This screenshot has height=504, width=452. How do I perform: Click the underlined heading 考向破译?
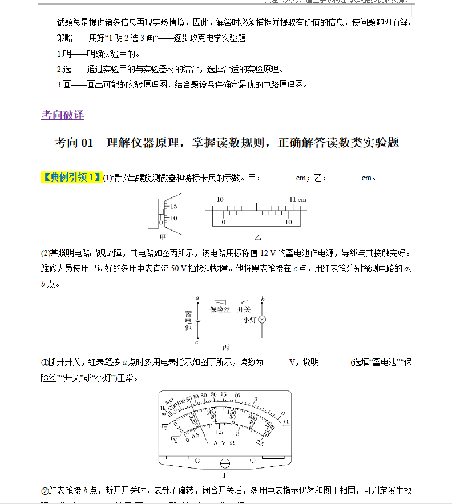[63, 115]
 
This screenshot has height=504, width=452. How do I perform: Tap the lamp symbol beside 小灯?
[263, 320]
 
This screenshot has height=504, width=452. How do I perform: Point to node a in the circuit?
[196, 298]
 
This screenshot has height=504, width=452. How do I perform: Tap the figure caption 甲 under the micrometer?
[163, 236]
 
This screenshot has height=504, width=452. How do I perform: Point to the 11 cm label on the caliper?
[297, 200]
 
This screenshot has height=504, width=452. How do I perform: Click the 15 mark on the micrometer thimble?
[173, 206]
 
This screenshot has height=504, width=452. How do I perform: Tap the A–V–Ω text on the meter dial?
[224, 443]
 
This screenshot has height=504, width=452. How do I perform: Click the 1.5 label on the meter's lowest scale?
[219, 432]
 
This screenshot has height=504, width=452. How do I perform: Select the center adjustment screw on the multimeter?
[225, 463]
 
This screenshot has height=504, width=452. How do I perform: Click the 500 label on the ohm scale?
[169, 401]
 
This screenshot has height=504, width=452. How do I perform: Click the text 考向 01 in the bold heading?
[74, 143]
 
